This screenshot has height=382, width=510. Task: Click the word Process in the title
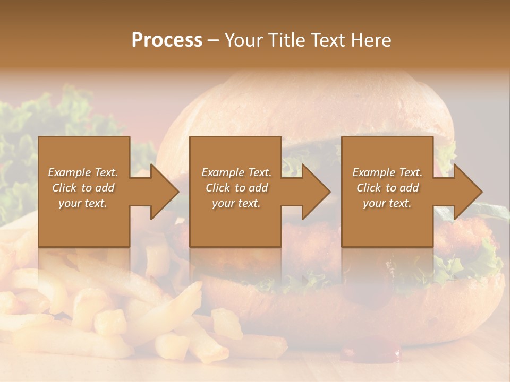point(167,40)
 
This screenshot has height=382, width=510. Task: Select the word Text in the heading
point(329,40)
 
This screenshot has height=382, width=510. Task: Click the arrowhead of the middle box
point(315,192)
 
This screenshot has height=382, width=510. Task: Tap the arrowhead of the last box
point(466,192)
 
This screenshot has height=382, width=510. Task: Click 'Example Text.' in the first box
point(83,172)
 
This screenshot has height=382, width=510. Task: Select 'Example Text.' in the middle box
point(236,172)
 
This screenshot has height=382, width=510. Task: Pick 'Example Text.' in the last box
point(387,172)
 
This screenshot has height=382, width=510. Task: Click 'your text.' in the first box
point(83,203)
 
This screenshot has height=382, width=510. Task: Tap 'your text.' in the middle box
point(236,203)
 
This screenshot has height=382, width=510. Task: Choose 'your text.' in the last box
point(387,203)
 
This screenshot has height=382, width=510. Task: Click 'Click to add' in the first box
point(83,188)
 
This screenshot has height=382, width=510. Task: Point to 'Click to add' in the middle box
point(236,188)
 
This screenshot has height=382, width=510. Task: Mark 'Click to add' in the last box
point(387,188)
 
